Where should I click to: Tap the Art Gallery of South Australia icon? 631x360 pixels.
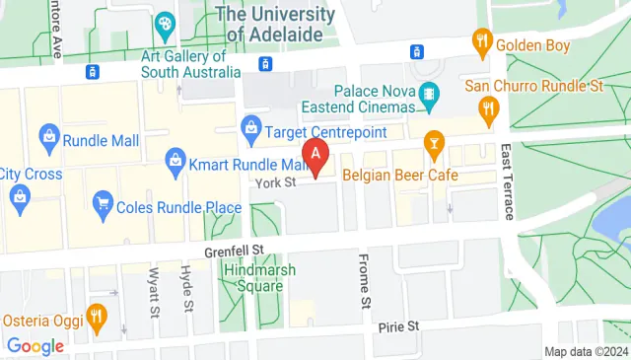coord(165,23)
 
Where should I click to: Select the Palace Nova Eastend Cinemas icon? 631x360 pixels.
coord(428,97)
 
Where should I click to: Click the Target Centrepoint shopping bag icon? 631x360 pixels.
coord(250,128)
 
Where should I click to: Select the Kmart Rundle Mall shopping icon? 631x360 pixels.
coord(175,158)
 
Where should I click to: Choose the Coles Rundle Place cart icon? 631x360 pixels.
coord(102,204)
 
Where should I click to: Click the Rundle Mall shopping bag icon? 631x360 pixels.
coord(47,134)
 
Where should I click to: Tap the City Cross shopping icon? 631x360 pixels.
coord(19,195)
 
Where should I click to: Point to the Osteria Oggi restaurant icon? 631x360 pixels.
coord(96,317)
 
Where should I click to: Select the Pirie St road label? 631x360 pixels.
coord(398,324)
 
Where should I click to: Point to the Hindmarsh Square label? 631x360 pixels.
coord(252,278)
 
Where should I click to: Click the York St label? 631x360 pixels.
coord(275,183)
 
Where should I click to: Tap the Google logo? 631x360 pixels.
coord(35,346)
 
